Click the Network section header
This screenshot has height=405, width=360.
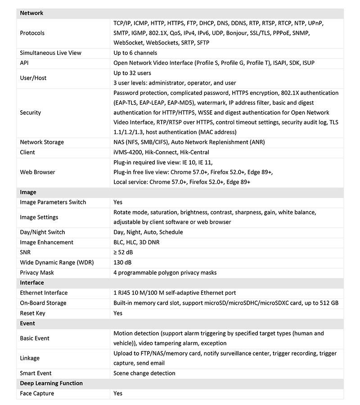pos(31,13)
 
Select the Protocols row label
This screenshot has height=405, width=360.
pos(32,33)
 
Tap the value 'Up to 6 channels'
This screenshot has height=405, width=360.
pos(135,53)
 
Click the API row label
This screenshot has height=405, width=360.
pos(24,63)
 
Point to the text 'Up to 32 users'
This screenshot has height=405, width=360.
pos(132,73)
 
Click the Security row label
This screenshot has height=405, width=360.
pos(30,112)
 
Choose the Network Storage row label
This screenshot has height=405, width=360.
pos(42,142)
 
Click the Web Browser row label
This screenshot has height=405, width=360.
pos(37,172)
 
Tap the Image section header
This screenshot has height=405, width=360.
pos(28,192)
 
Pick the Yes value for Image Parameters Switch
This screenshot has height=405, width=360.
pos(118,202)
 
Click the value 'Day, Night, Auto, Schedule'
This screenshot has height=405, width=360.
pos(148,232)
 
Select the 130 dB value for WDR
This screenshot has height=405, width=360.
pos(122,262)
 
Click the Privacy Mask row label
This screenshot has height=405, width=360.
pos(37,272)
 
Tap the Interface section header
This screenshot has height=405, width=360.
pos(32,283)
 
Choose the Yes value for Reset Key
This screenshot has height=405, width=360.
pos(118,313)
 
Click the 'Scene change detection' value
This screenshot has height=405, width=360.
pos(144,373)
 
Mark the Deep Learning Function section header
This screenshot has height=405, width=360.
pos(51,383)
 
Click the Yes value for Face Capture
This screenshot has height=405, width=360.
pos(118,393)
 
